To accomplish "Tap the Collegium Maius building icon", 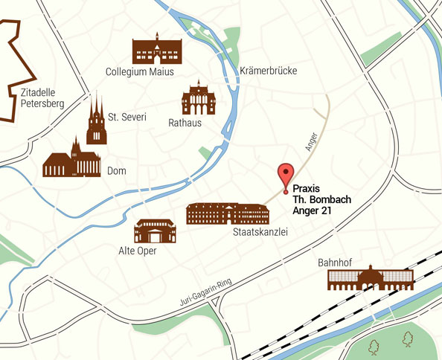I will point(157,49).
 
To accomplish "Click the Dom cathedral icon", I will point(71,158).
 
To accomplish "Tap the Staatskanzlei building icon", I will point(227,213).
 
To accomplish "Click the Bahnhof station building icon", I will point(371,280).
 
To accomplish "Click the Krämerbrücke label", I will point(269,71).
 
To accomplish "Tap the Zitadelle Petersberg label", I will point(42,98).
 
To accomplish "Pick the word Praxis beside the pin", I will point(306,190).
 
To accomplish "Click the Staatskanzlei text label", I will point(260,233).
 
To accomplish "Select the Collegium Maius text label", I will point(140,72).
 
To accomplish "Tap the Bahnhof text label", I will point(335,263).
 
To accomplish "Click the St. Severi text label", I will point(127,117).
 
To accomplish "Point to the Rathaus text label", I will point(185,123).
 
